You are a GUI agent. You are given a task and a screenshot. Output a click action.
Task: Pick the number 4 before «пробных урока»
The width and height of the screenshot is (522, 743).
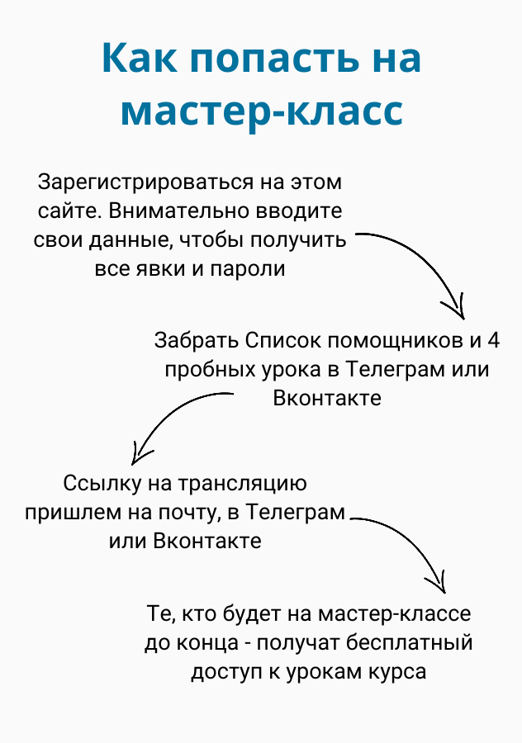click(x=493, y=341)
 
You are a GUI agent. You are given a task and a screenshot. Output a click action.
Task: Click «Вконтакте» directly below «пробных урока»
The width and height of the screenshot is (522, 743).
click(x=327, y=398)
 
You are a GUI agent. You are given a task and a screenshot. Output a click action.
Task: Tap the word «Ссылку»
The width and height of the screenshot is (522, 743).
click(x=102, y=484)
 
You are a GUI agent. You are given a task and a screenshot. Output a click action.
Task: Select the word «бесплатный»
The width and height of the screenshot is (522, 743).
click(x=409, y=643)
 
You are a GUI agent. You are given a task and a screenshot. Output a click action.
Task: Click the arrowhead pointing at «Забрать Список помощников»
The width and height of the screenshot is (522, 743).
click(x=456, y=309)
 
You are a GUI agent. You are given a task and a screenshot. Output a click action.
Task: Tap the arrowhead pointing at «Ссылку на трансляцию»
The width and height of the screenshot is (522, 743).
click(x=140, y=455)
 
